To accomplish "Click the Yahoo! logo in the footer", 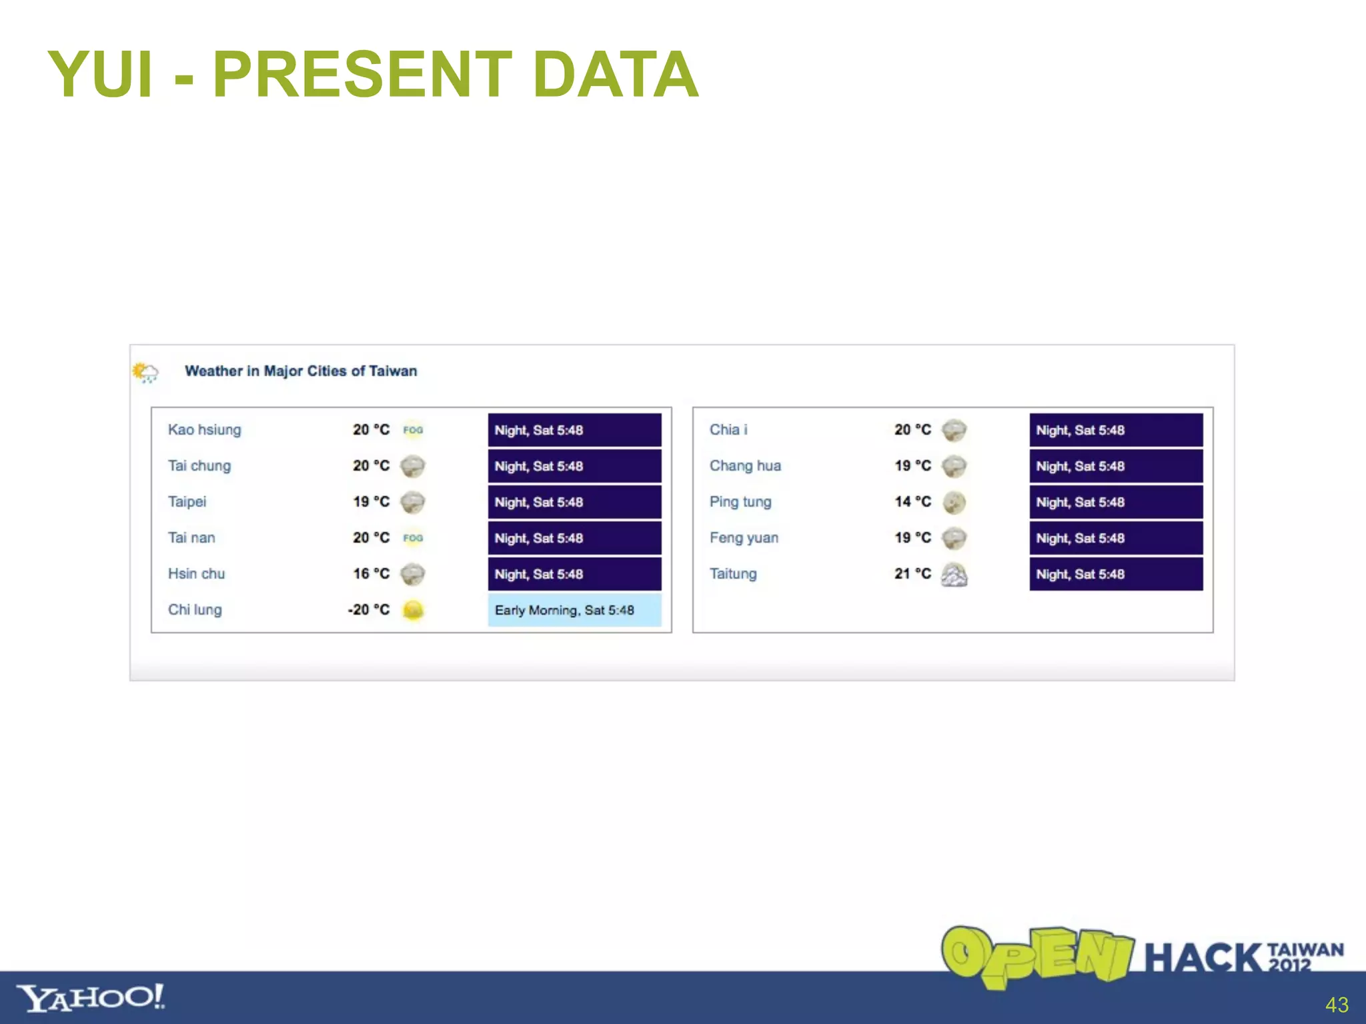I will pyautogui.click(x=90, y=998).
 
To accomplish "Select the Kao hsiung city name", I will pyautogui.click(x=204, y=430).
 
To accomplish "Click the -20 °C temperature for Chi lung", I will pyautogui.click(x=369, y=610).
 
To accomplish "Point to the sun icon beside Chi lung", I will pyautogui.click(x=413, y=610).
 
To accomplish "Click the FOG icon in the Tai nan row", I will pyautogui.click(x=413, y=538).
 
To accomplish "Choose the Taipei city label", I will pyautogui.click(x=187, y=502).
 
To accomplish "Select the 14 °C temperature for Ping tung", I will pyautogui.click(x=912, y=502).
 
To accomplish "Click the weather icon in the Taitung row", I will pyautogui.click(x=954, y=574).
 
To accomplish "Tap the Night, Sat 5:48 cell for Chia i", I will pyautogui.click(x=1115, y=430).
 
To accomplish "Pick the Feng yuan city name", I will pyautogui.click(x=744, y=538).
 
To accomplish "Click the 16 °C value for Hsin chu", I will pyautogui.click(x=371, y=574).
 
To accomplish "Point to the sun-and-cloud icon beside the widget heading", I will pyautogui.click(x=145, y=372).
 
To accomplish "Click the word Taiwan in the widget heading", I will pyautogui.click(x=393, y=371).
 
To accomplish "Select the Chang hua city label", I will pyautogui.click(x=745, y=466).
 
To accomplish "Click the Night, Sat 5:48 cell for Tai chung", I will pyautogui.click(x=574, y=466).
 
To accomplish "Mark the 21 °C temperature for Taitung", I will pyautogui.click(x=912, y=574).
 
